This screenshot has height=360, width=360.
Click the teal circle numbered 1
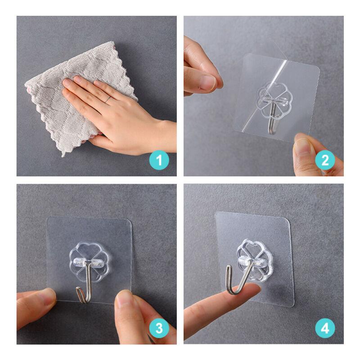(159, 160)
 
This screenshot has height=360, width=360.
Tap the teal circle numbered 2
(325, 160)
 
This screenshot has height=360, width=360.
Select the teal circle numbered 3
(159, 328)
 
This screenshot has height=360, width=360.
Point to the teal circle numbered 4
(325, 328)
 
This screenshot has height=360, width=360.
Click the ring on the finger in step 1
(108, 99)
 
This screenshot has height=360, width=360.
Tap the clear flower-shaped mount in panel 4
(255, 261)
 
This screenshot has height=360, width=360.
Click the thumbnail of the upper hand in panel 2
(208, 82)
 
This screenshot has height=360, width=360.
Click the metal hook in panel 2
(273, 117)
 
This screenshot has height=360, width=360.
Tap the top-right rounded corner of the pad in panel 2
(317, 68)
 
